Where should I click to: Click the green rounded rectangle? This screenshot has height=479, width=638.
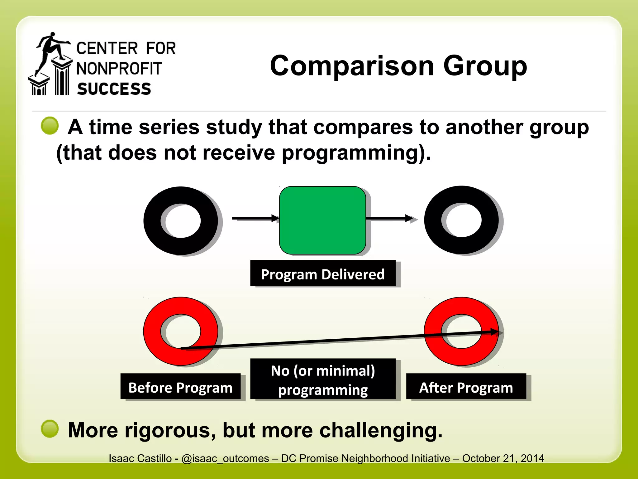pyautogui.click(x=322, y=220)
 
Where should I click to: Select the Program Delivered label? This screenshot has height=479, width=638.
pyautogui.click(x=323, y=273)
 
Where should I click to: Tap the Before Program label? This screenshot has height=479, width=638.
pyautogui.click(x=180, y=387)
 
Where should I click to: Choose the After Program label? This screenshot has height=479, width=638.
pyautogui.click(x=466, y=387)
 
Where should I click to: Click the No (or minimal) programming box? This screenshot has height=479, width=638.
pyautogui.click(x=323, y=379)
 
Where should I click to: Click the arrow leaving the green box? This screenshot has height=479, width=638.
pyautogui.click(x=389, y=218)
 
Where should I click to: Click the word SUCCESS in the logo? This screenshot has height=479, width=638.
pyautogui.click(x=114, y=89)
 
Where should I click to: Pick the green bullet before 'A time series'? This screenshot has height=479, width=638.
pyautogui.click(x=50, y=126)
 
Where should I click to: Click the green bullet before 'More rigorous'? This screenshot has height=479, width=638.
pyautogui.click(x=50, y=429)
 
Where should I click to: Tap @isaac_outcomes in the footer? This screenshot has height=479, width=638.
pyautogui.click(x=225, y=458)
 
